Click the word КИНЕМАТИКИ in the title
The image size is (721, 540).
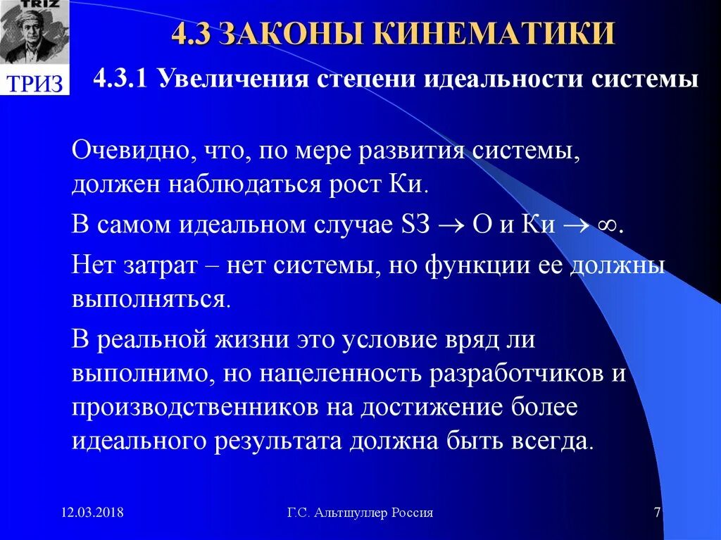pyautogui.click(x=493, y=34)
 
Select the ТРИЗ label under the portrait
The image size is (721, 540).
pyautogui.click(x=35, y=83)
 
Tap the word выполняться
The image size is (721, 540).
pyautogui.click(x=149, y=299)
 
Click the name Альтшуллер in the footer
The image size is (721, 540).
pyautogui.click(x=348, y=513)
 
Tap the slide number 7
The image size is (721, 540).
pyautogui.click(x=657, y=513)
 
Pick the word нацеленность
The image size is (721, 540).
pyautogui.click(x=334, y=373)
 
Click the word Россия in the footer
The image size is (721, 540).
pyautogui.click(x=413, y=513)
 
